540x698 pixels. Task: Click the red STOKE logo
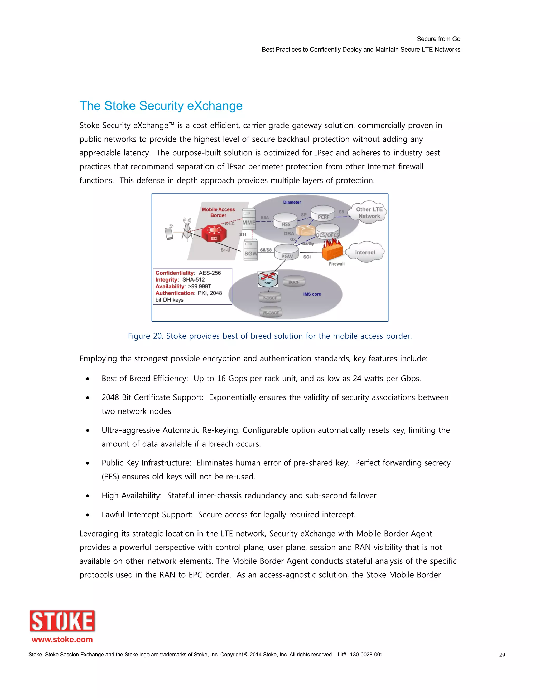(x=62, y=621)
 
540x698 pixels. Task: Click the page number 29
(x=502, y=655)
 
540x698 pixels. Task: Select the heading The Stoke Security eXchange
(x=161, y=106)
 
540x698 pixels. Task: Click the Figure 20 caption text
(x=270, y=336)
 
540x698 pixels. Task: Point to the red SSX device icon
(x=214, y=234)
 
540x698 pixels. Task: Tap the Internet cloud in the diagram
(x=365, y=252)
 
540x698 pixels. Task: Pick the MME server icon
(x=249, y=219)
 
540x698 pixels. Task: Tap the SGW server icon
(x=250, y=250)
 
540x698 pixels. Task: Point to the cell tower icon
(x=187, y=229)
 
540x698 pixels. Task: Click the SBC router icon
(x=268, y=279)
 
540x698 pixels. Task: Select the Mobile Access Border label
(x=218, y=212)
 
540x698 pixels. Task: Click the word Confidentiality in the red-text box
(x=175, y=273)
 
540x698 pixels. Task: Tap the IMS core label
(x=312, y=294)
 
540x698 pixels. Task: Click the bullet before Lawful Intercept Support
(x=88, y=515)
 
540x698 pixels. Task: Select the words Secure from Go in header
(x=438, y=39)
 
